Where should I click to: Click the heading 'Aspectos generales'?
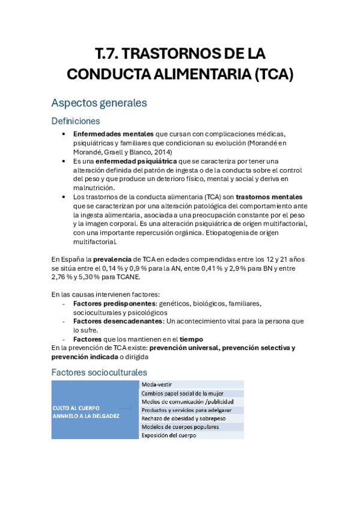[99, 103]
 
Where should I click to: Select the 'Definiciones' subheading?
[76, 121]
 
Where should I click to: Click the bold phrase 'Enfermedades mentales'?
[113, 133]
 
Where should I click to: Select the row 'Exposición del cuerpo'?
[170, 435]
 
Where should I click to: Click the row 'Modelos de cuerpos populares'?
[180, 427]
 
